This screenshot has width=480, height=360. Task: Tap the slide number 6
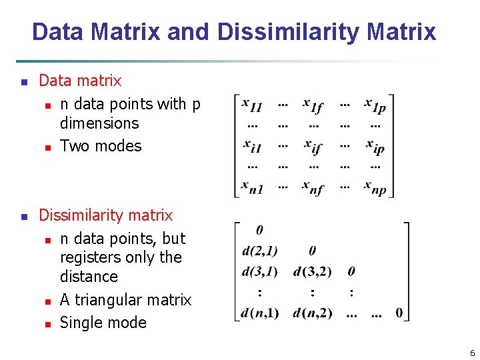click(472, 353)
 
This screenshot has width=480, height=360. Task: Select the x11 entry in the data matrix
click(252, 105)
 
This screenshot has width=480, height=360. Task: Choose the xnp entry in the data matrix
click(375, 187)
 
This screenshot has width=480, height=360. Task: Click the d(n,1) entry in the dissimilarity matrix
click(259, 313)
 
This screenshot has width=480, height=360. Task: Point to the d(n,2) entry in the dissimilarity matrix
click(312, 313)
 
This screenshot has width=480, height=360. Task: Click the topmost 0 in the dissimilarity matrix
click(259, 230)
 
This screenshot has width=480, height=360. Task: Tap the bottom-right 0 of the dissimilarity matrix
click(399, 313)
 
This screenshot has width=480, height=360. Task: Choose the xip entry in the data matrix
click(375, 145)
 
